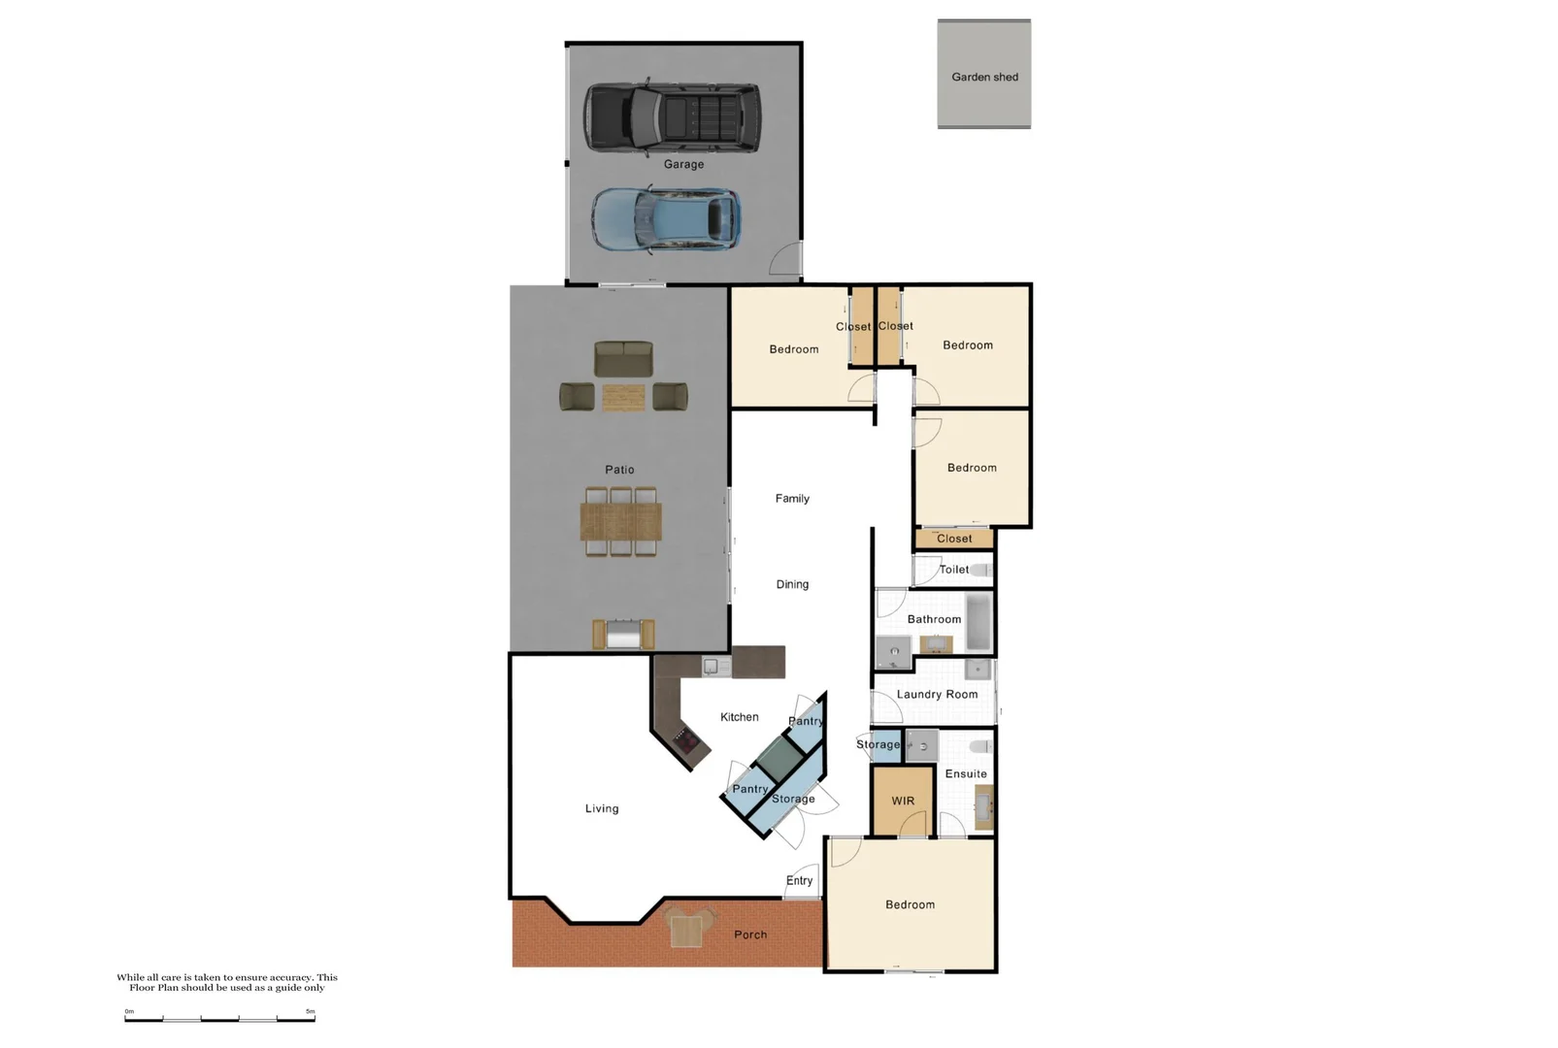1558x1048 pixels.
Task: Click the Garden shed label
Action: [x=984, y=77]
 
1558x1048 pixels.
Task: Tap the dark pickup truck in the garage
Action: [x=672, y=117]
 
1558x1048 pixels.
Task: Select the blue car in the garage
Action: [x=666, y=220]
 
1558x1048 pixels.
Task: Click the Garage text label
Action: [x=683, y=164]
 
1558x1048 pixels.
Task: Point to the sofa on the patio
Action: [x=623, y=359]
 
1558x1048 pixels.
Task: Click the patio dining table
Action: [x=621, y=521]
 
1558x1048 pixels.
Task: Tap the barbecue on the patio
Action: [x=623, y=635]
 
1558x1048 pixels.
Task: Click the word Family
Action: [x=792, y=499]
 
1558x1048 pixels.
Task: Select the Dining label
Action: [x=792, y=584]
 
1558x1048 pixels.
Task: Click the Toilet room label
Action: [x=953, y=570]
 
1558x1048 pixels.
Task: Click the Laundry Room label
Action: [x=937, y=695]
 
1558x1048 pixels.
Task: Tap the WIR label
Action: [x=903, y=802]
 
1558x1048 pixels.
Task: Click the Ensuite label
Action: [x=966, y=774]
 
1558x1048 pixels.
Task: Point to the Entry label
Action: [x=799, y=881]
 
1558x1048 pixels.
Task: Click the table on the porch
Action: [x=686, y=931]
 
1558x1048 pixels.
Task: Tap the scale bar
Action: [x=220, y=1019]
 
